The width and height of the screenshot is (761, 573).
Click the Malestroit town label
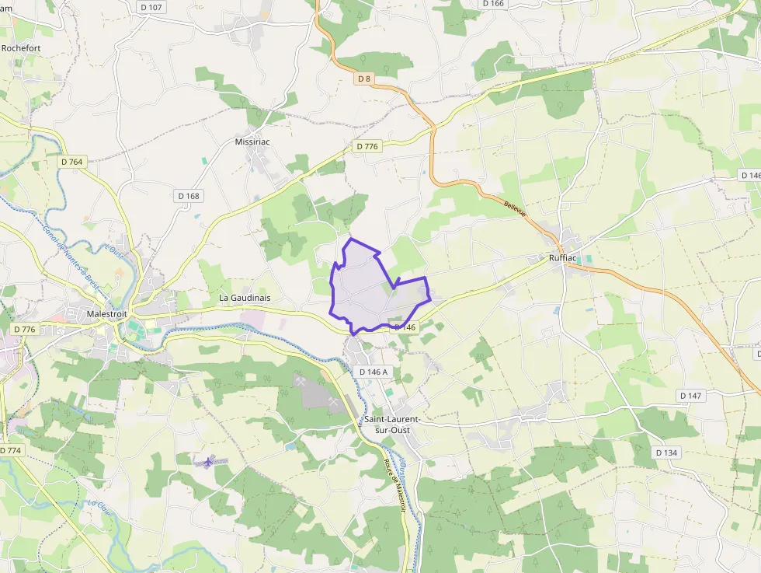(107, 313)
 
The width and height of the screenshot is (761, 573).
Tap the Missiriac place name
(251, 142)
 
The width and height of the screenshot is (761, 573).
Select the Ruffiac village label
(562, 257)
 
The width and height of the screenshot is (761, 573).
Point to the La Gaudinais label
(245, 298)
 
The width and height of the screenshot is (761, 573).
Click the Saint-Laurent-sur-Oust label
(392, 425)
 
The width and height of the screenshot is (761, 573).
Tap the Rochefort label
(21, 47)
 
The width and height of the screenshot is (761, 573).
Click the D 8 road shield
(364, 79)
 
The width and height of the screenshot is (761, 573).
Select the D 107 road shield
(152, 7)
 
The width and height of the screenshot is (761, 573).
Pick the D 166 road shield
(493, 4)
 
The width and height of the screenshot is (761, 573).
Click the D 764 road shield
(71, 162)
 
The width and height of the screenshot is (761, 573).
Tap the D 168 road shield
(188, 196)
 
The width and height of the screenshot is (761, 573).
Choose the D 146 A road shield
(374, 372)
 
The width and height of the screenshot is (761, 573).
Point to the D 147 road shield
(690, 396)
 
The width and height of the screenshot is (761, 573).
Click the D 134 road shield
(666, 452)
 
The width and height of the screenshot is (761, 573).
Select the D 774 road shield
(11, 450)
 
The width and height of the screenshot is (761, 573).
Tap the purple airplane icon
(207, 462)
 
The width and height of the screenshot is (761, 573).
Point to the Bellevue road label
(516, 208)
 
